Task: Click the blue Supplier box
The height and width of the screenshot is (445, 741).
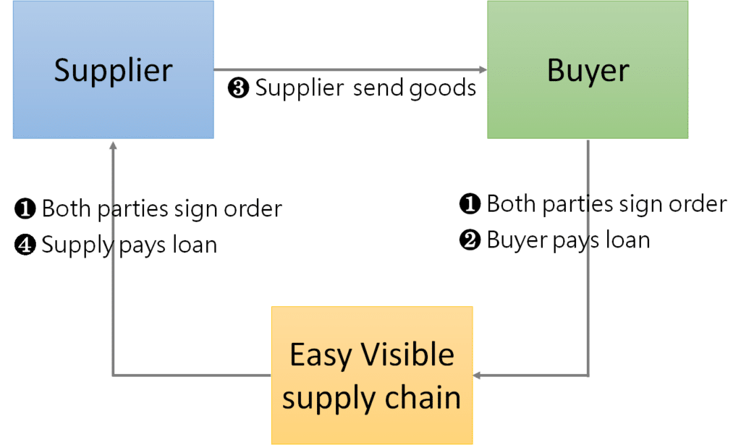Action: point(113,69)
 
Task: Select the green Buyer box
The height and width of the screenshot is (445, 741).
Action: point(588,69)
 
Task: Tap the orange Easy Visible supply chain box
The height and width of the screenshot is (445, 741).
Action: point(371,376)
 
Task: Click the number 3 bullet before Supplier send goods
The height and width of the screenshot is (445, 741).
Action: point(238,89)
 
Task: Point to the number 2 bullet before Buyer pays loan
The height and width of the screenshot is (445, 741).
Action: point(470,240)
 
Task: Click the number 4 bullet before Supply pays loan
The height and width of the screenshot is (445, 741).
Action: point(25,246)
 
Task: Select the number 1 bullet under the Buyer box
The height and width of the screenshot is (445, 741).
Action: point(470,205)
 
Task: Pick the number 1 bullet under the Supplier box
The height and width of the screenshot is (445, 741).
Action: point(25,210)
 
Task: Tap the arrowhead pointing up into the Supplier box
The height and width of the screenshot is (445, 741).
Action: point(112,145)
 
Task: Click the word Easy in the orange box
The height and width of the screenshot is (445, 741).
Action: point(321,355)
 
